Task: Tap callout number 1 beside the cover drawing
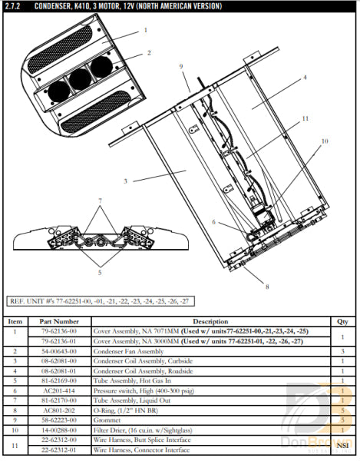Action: [145, 31]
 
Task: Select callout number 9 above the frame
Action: [182, 68]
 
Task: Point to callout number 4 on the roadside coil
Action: [305, 78]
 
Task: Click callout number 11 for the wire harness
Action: [305, 119]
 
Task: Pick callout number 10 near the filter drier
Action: [324, 141]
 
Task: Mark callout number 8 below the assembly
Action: [266, 287]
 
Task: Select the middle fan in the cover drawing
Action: [79, 78]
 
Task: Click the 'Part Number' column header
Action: [58, 321]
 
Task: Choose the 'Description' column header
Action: [210, 321]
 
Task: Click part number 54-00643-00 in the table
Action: [58, 351]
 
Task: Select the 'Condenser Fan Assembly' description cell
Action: [125, 351]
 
